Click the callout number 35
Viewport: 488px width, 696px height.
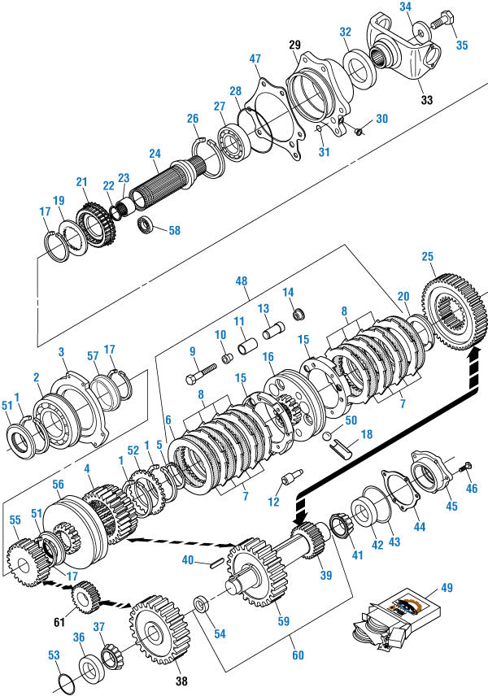coord(461,45)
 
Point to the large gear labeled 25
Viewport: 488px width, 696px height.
coord(450,312)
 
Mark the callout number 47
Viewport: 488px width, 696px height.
coord(255,59)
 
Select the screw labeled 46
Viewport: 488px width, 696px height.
coord(463,467)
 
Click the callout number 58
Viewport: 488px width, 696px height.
coord(174,230)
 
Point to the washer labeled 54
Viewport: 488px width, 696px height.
coord(199,606)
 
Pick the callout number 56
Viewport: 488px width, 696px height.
coord(58,484)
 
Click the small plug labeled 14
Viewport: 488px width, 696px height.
coord(298,315)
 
